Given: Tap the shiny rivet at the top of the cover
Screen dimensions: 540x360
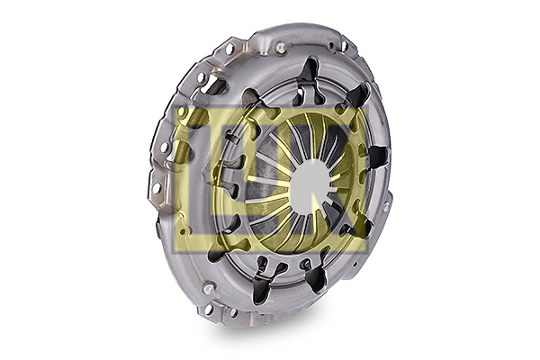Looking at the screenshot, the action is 281,47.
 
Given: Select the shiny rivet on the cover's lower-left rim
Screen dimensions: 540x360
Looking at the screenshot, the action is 209,288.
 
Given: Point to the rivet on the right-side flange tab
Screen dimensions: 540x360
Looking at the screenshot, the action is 386,207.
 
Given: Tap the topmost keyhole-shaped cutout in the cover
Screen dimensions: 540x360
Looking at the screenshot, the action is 309,80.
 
